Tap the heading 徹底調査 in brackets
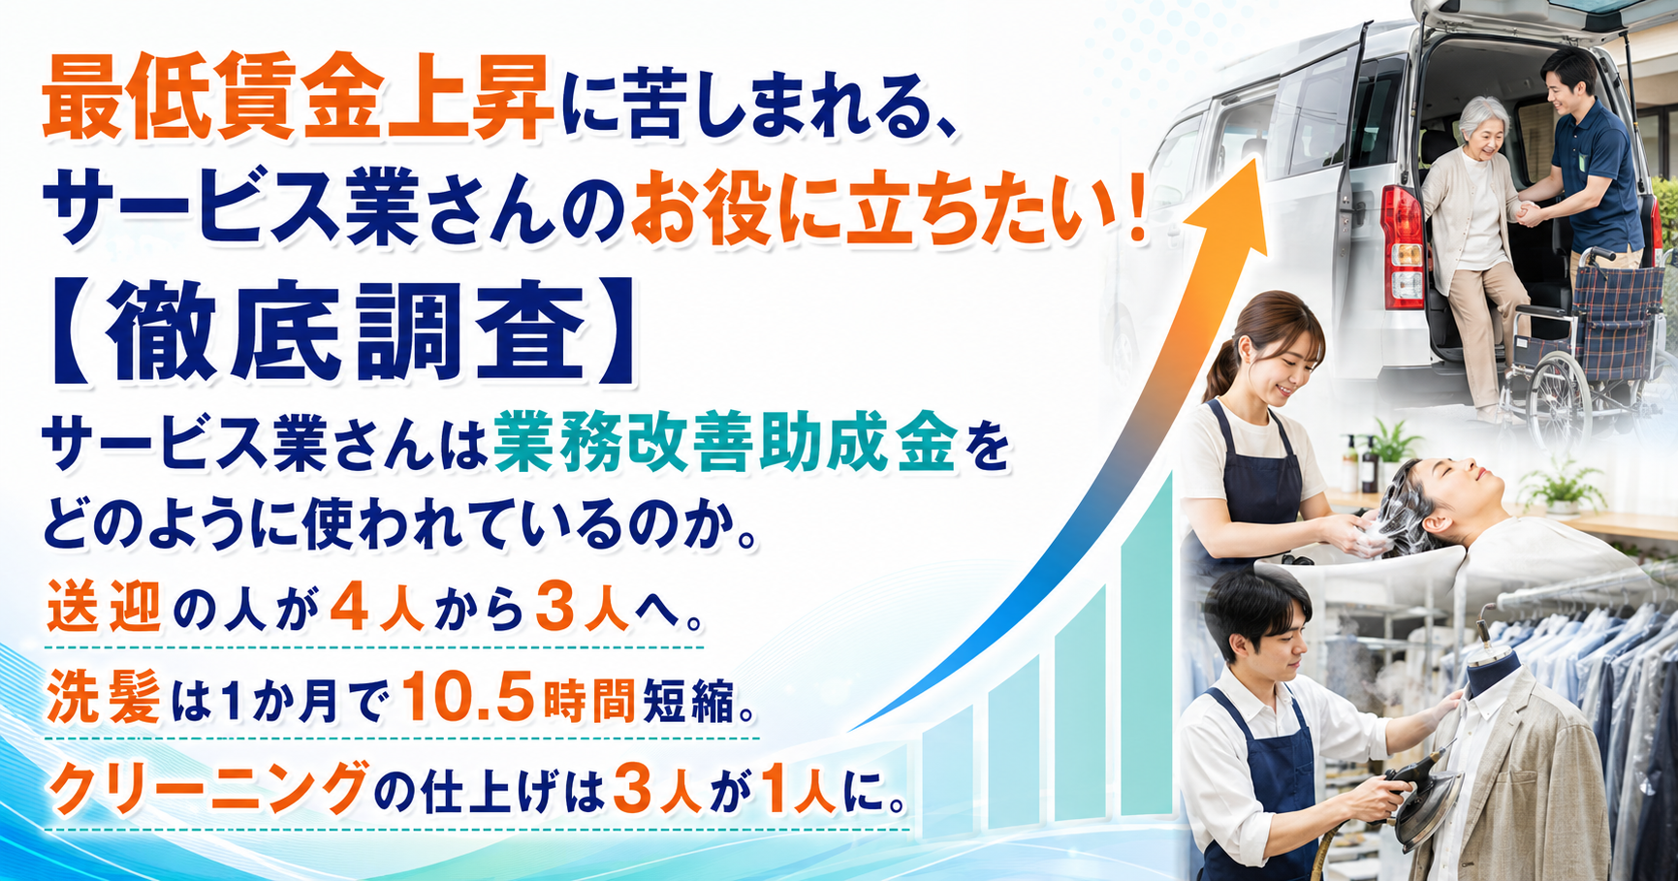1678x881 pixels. (x=347, y=331)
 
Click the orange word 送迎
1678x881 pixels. (x=104, y=608)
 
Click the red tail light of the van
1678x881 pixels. (x=1403, y=244)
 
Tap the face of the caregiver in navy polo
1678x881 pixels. (x=1565, y=89)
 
